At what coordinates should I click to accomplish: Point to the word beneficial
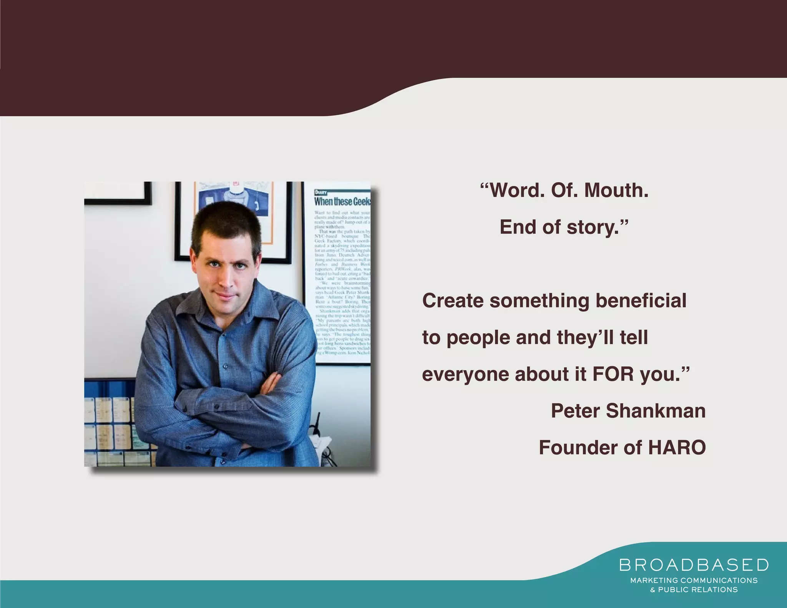point(641,301)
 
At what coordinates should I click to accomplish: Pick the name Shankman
point(656,411)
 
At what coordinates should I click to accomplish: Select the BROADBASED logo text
point(694,565)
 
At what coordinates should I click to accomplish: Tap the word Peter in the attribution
point(575,411)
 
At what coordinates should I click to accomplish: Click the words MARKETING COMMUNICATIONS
point(694,580)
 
